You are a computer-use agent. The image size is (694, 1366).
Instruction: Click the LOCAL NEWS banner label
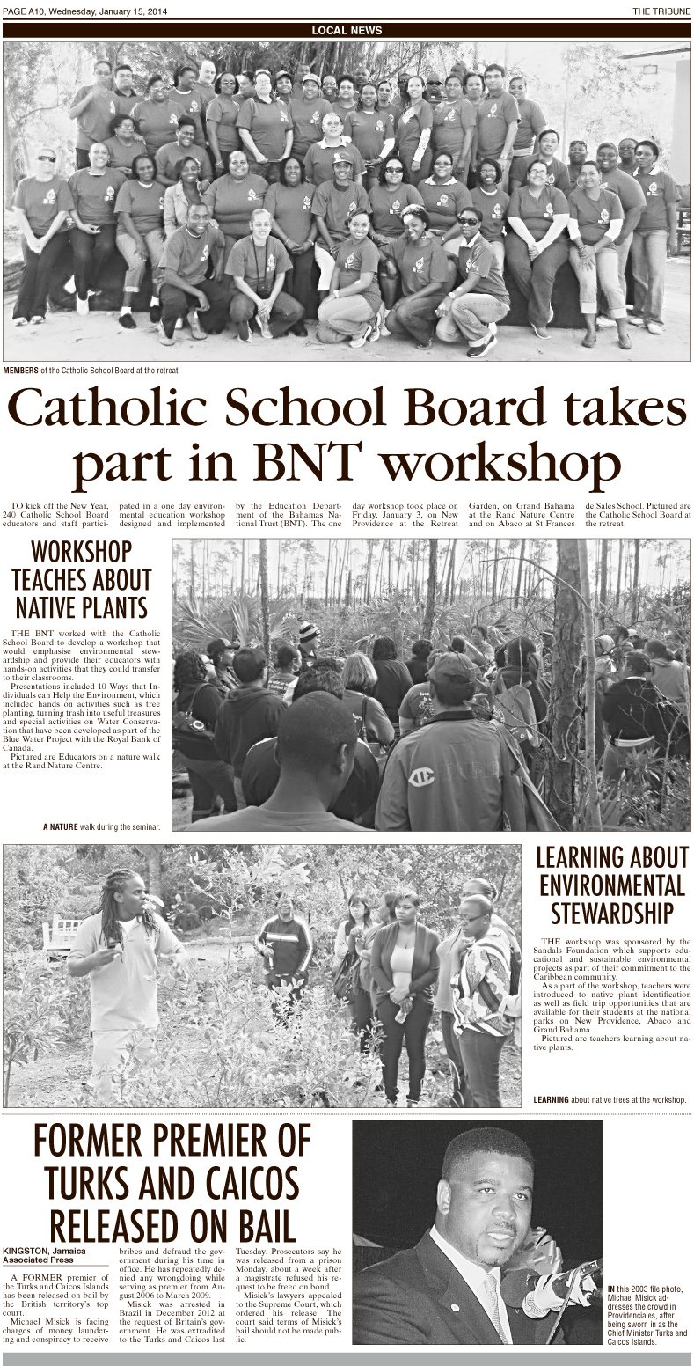(x=347, y=30)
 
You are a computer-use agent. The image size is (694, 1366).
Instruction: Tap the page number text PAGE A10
(x=25, y=10)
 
